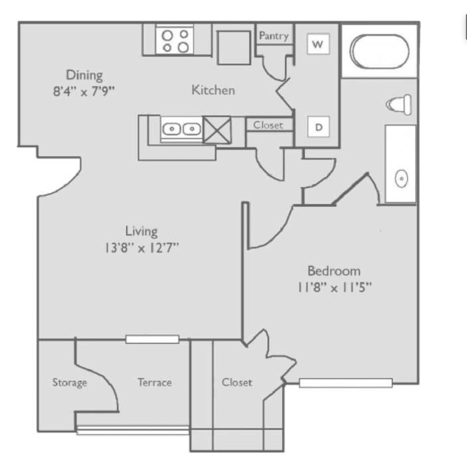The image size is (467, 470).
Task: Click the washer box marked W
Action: click(x=318, y=44)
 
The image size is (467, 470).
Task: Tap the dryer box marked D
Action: click(x=319, y=127)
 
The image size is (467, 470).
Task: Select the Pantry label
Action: click(x=274, y=36)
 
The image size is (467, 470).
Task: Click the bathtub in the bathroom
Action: click(x=379, y=52)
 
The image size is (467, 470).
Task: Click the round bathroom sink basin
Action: click(x=401, y=178)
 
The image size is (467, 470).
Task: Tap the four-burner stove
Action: click(x=175, y=40)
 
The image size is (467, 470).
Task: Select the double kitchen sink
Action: click(x=182, y=128)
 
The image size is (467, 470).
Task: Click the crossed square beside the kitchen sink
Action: click(x=217, y=130)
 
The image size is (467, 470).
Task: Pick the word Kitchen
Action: click(x=213, y=90)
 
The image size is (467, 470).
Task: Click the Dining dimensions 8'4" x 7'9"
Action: click(x=84, y=92)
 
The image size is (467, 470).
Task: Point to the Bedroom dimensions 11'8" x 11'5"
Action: click(x=334, y=287)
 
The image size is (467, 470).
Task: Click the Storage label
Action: click(x=70, y=382)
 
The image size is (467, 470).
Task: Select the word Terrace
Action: click(x=155, y=382)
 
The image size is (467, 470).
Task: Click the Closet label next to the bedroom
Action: click(x=237, y=382)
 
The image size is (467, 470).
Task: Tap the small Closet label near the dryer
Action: click(x=268, y=125)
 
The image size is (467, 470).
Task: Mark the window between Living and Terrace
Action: click(x=152, y=339)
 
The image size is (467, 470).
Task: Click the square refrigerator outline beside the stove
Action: click(x=234, y=48)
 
